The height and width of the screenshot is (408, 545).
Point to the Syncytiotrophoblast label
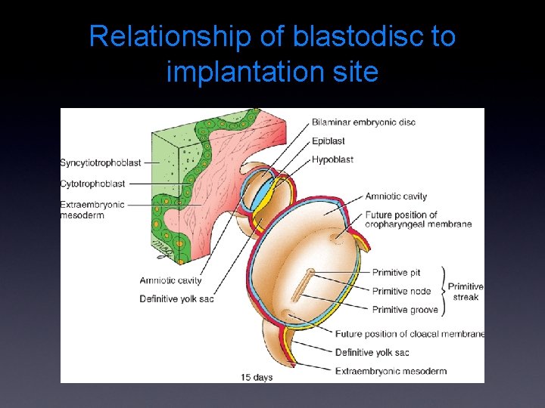coord(100,162)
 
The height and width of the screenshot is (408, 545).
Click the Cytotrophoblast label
coord(93,184)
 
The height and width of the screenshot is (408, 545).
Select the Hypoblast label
coord(333,159)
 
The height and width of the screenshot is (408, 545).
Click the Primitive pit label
coord(396,273)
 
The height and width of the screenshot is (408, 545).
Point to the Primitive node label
coord(401,291)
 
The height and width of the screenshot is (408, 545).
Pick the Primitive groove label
coord(405,309)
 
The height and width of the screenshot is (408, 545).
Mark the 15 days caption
coord(257,376)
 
